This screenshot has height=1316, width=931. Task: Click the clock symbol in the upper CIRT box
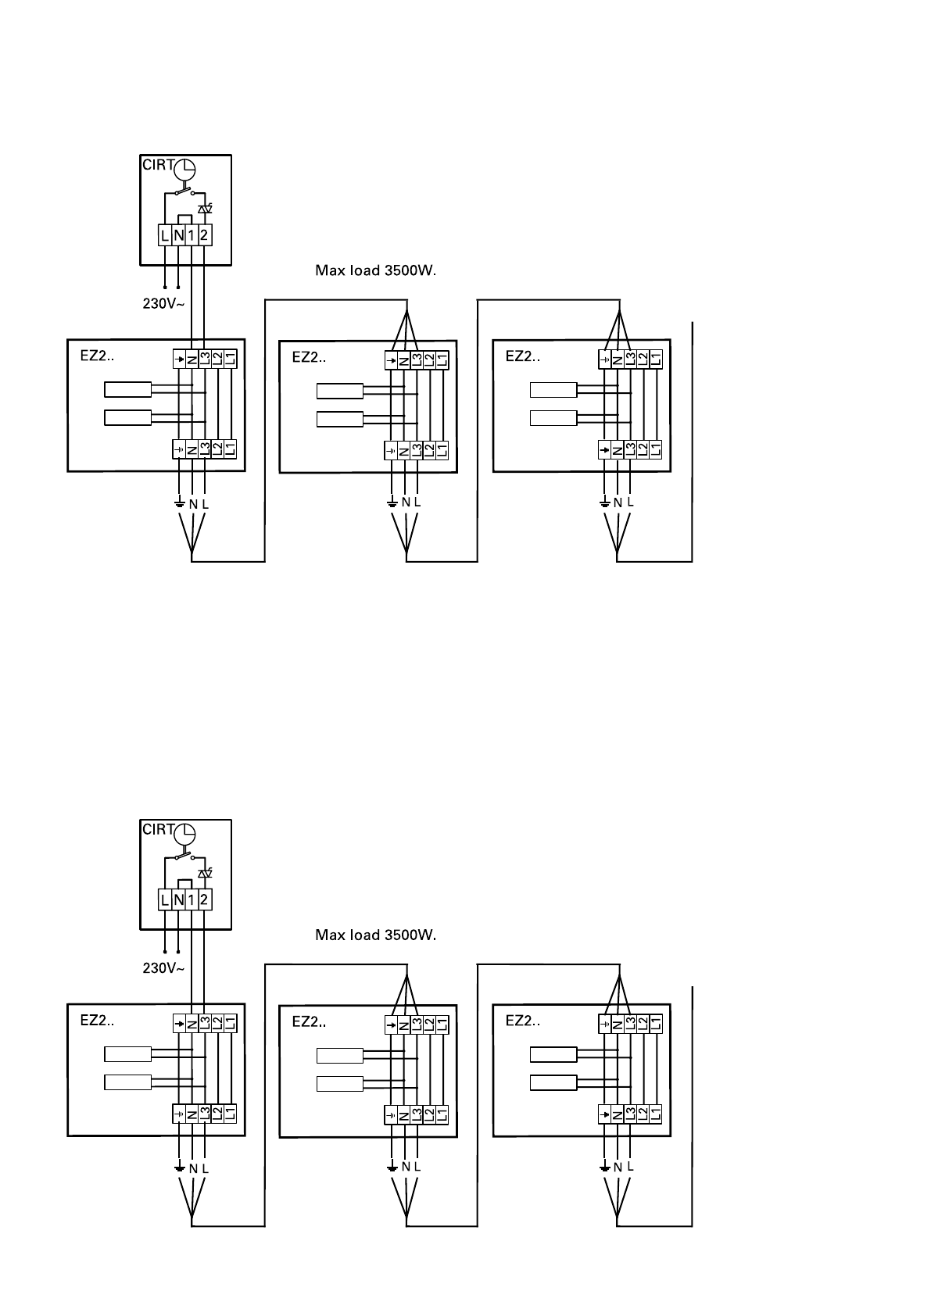click(x=184, y=169)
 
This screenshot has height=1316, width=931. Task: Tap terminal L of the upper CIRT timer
click(x=165, y=235)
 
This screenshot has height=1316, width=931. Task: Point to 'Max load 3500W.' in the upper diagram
click(x=375, y=271)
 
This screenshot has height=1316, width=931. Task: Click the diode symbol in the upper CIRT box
click(x=206, y=209)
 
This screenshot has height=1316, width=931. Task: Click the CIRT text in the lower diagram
click(x=157, y=830)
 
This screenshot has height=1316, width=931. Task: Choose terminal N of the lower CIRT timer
click(x=178, y=899)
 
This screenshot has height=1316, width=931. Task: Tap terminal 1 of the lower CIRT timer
click(x=192, y=899)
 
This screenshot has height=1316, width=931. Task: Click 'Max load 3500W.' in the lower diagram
click(x=375, y=935)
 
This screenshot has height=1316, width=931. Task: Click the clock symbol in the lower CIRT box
click(x=184, y=835)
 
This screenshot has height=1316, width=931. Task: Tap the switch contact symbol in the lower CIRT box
click(x=184, y=856)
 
